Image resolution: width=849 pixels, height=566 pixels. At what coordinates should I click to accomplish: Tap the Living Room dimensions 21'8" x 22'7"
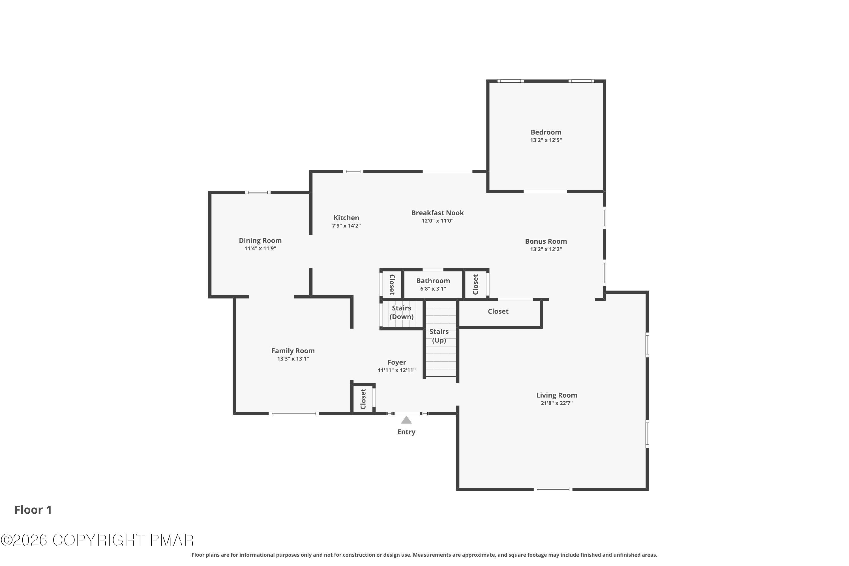[556, 403]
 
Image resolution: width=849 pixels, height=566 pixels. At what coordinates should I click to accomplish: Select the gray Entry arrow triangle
[406, 420]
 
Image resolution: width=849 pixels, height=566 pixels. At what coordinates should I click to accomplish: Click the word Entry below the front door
[406, 432]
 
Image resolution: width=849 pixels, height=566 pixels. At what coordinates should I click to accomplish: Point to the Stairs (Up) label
[439, 336]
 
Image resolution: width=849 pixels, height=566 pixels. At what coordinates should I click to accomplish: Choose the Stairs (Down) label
[401, 312]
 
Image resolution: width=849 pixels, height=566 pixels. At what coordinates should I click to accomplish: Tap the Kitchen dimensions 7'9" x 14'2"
[346, 226]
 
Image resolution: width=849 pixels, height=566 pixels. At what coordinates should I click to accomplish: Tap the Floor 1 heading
[33, 510]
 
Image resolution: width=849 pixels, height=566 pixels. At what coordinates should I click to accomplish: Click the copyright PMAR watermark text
[97, 540]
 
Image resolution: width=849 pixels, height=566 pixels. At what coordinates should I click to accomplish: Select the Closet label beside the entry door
[363, 398]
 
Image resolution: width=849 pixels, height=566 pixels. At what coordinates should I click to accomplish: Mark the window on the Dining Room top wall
[258, 192]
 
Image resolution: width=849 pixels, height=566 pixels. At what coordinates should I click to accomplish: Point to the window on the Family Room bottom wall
[293, 413]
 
